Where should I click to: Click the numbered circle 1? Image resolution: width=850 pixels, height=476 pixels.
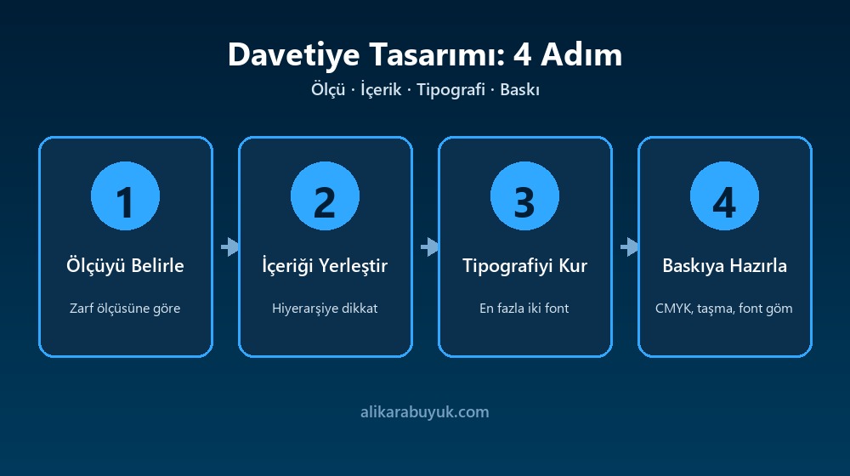pyautogui.click(x=125, y=195)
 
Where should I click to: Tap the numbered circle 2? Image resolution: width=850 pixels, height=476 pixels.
pyautogui.click(x=325, y=195)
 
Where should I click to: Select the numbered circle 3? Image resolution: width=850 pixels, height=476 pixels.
pyautogui.click(x=524, y=195)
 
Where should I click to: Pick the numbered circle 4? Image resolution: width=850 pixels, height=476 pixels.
pyautogui.click(x=724, y=195)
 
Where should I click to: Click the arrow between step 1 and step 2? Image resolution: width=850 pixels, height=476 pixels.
pyautogui.click(x=229, y=246)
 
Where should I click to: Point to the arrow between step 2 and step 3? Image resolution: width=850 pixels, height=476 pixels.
pyautogui.click(x=429, y=246)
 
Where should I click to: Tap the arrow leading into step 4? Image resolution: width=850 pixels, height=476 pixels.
pyautogui.click(x=629, y=246)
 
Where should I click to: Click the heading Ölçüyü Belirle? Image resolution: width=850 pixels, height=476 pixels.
pyautogui.click(x=125, y=265)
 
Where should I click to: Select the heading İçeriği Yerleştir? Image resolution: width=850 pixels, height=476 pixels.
pyautogui.click(x=325, y=265)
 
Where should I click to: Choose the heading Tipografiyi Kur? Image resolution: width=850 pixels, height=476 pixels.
pyautogui.click(x=524, y=265)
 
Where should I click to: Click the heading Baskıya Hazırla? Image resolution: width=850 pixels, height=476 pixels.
pyautogui.click(x=724, y=265)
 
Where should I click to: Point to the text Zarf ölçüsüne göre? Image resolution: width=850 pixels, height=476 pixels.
pyautogui.click(x=125, y=308)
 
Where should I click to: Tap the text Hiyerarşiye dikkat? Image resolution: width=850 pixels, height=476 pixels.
pyautogui.click(x=325, y=308)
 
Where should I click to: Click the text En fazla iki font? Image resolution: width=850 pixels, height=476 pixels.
pyautogui.click(x=524, y=308)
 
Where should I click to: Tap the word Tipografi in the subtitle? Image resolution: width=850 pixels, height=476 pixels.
pyautogui.click(x=450, y=89)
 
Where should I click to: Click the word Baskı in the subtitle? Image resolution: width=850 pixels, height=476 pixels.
pyautogui.click(x=519, y=89)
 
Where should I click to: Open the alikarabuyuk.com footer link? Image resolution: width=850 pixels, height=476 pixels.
pyautogui.click(x=424, y=412)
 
